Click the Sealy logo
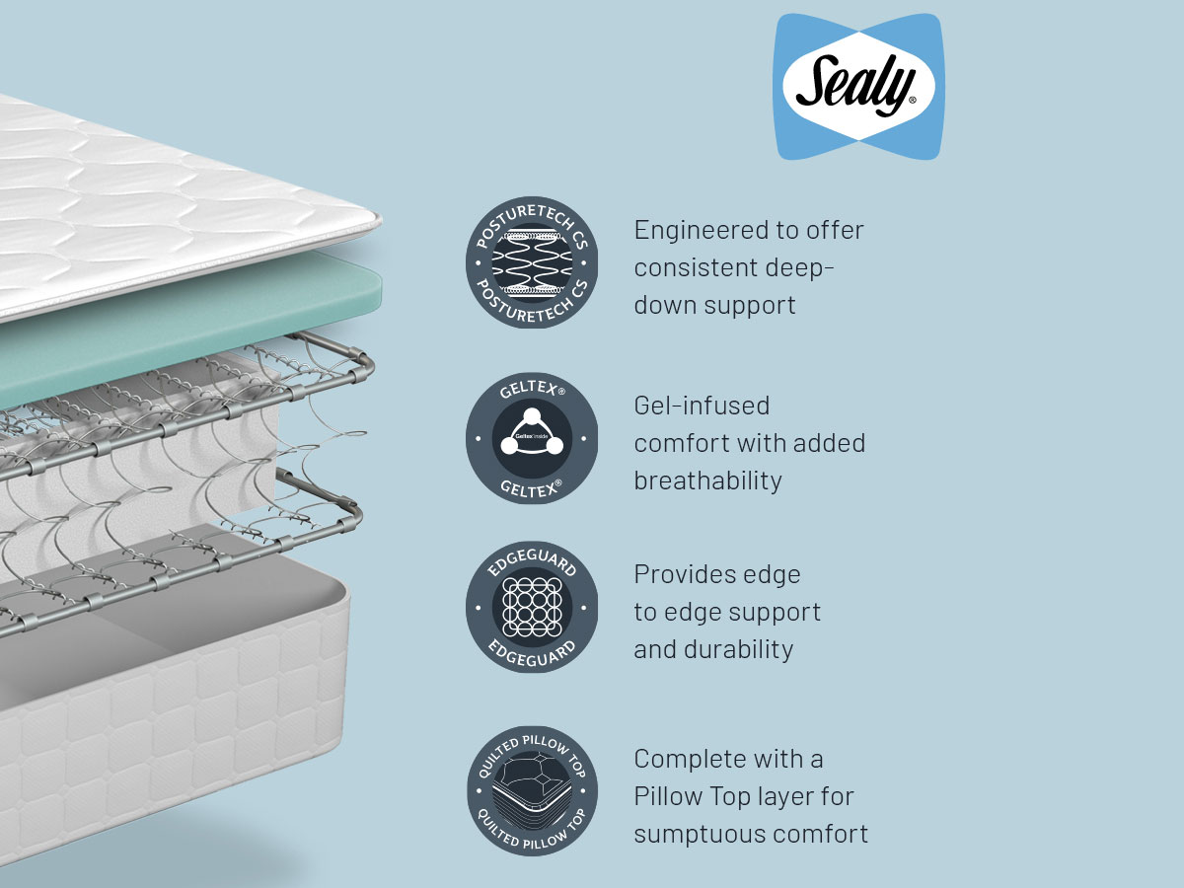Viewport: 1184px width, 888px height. (x=858, y=87)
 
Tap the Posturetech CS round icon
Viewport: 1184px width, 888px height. (x=532, y=262)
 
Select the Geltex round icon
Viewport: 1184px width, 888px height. (x=532, y=438)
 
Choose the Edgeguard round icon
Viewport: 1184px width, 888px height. (x=532, y=607)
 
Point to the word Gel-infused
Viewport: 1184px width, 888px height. (x=702, y=406)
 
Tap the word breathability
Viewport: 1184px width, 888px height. (x=707, y=481)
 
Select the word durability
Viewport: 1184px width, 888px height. (x=742, y=649)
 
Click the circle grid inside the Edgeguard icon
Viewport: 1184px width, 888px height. (x=532, y=607)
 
